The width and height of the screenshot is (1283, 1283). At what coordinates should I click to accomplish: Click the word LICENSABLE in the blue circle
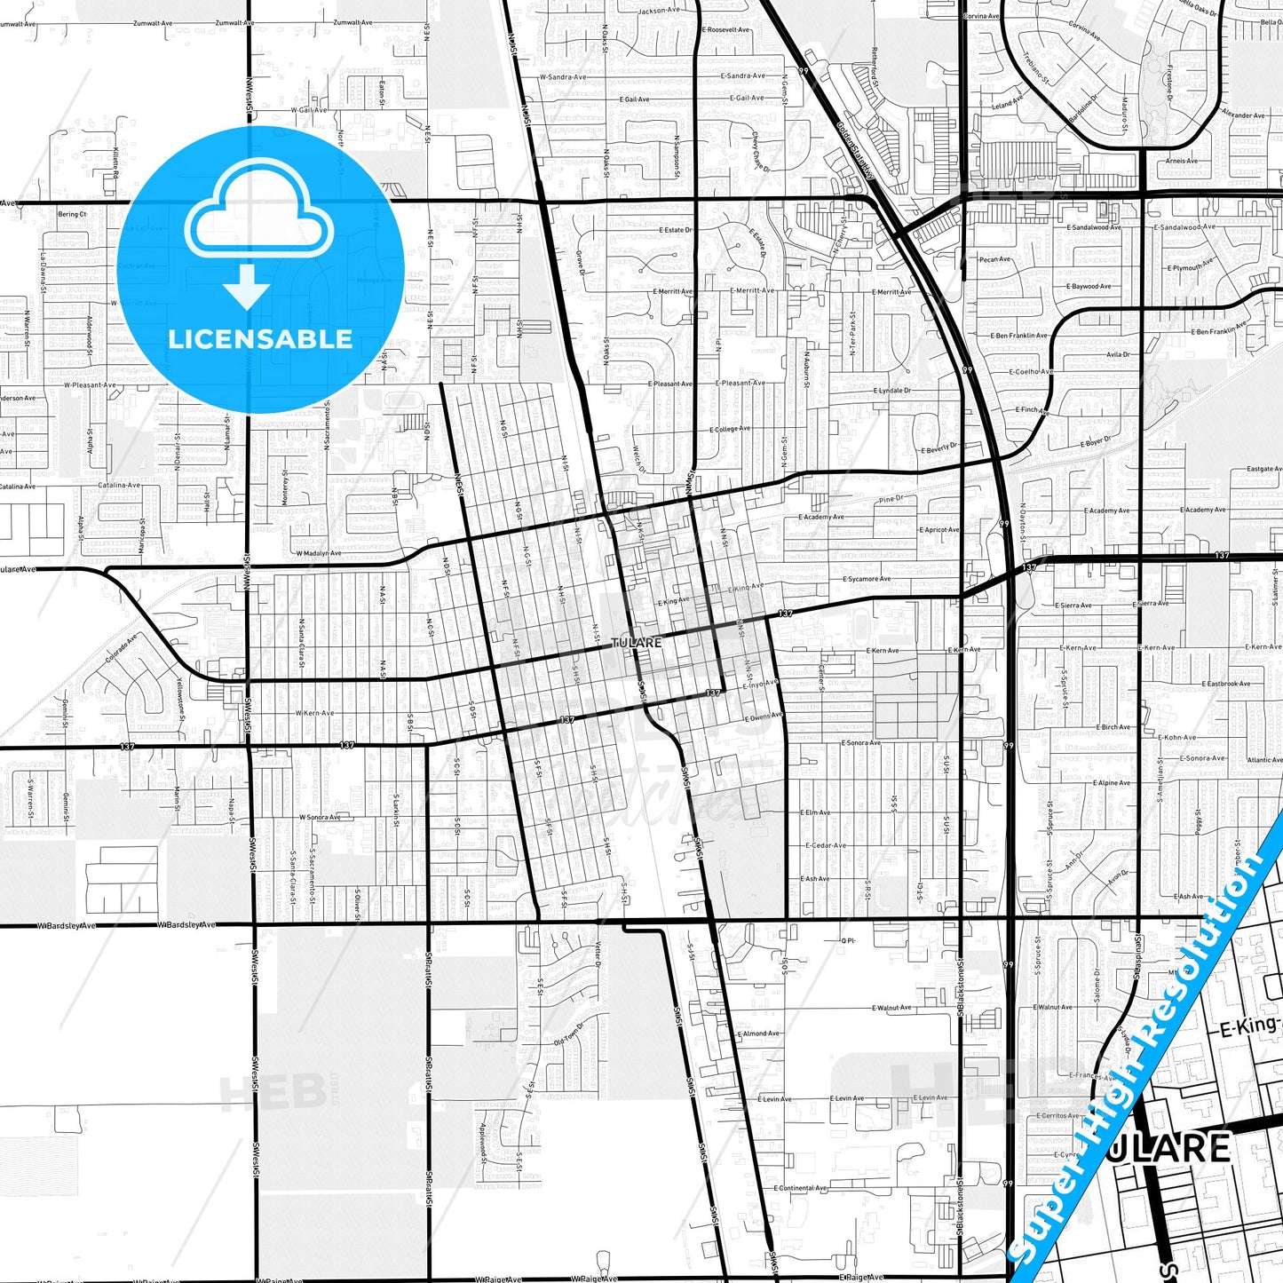(x=260, y=339)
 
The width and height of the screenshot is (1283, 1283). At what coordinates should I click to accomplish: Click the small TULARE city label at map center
(x=637, y=642)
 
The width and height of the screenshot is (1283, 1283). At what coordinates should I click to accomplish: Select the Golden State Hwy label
(x=855, y=150)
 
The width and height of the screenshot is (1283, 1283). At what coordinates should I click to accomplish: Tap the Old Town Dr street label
(x=569, y=1034)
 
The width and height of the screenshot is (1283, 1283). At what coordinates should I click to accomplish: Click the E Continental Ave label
(x=800, y=1188)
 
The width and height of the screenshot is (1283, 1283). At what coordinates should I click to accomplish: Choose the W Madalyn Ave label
(x=319, y=553)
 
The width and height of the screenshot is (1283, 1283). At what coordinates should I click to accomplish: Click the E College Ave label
(x=730, y=429)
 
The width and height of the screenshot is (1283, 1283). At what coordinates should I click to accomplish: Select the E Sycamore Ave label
(x=867, y=579)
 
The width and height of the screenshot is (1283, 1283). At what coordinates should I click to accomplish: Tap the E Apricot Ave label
(x=938, y=530)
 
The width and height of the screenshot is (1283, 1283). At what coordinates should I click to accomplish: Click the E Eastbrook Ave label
(x=1225, y=684)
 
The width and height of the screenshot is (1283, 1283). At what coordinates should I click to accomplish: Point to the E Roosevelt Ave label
(x=725, y=29)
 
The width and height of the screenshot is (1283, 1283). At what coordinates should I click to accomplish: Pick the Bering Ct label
(x=73, y=214)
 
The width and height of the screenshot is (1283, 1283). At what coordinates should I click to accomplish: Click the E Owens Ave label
(x=763, y=717)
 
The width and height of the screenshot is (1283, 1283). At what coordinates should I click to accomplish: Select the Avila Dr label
(x=1118, y=354)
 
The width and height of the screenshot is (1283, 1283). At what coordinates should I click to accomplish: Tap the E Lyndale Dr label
(x=891, y=391)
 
